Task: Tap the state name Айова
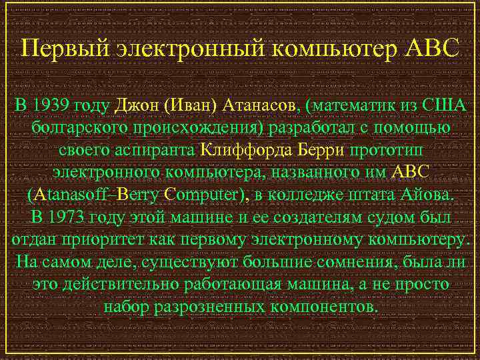(423, 195)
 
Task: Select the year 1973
(69, 217)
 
